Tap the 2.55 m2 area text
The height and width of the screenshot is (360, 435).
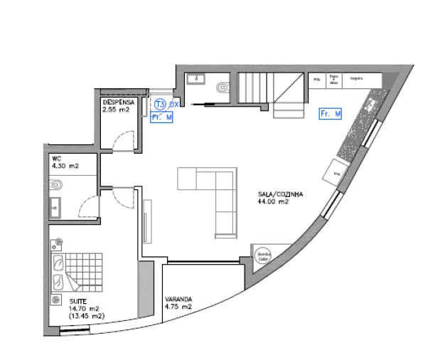116,110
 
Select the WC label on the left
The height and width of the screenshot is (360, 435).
56,159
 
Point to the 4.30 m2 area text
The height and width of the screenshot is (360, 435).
65,166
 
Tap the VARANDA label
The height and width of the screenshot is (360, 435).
178,300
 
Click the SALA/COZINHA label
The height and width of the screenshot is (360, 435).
280,194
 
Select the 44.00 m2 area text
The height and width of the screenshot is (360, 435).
272,201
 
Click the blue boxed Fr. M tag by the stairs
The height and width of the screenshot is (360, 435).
331,113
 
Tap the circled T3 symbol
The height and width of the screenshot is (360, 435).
160,105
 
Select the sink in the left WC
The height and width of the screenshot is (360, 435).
55,208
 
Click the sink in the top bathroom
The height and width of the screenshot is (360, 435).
195,78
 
